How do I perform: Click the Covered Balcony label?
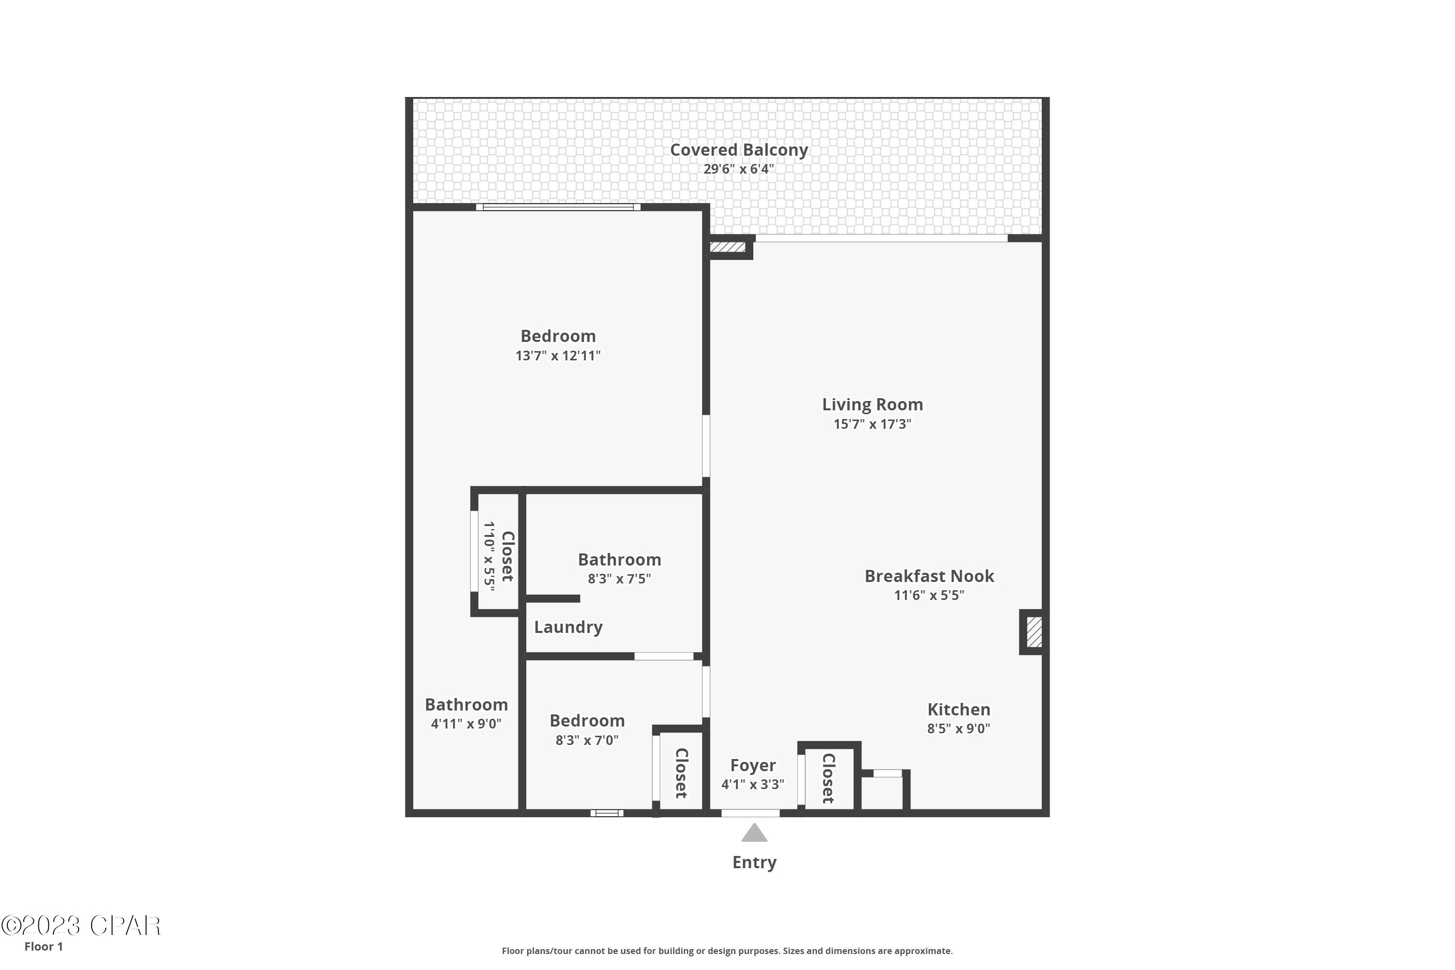click(739, 150)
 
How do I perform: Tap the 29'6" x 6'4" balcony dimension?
click(739, 169)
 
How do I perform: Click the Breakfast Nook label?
click(929, 576)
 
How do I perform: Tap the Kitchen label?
click(958, 710)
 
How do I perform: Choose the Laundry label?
click(568, 627)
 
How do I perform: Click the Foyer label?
click(752, 765)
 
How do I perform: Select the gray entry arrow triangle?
click(754, 834)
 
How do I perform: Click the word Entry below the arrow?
click(754, 862)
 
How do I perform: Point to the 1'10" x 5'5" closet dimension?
click(489, 556)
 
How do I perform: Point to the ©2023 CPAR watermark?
click(81, 926)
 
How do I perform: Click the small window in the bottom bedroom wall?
click(606, 813)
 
